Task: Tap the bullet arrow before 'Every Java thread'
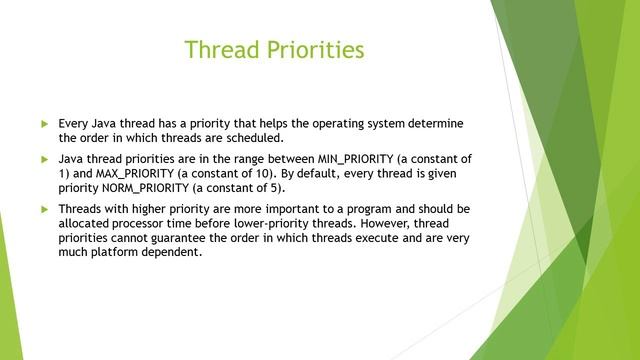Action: pyautogui.click(x=44, y=123)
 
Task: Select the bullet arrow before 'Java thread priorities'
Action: pyautogui.click(x=44, y=159)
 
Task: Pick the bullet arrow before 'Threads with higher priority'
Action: pyautogui.click(x=44, y=209)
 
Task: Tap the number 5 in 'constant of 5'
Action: pyautogui.click(x=279, y=187)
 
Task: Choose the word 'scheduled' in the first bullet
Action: pyautogui.click(x=257, y=137)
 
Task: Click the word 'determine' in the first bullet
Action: pyautogui.click(x=436, y=123)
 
